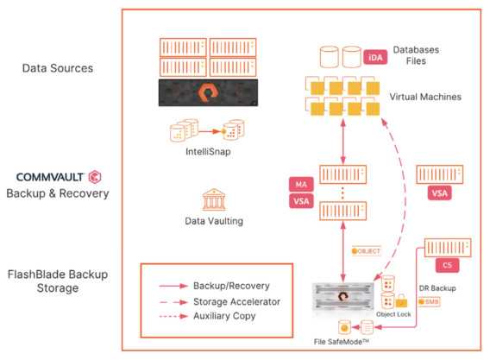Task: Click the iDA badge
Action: click(x=375, y=58)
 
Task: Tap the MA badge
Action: click(x=301, y=184)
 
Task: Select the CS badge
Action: click(x=447, y=265)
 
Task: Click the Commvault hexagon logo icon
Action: click(x=95, y=177)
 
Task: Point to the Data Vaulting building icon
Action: click(x=214, y=199)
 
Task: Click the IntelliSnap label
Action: click(x=208, y=152)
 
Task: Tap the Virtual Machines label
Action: click(x=425, y=97)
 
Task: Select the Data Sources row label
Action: click(x=58, y=68)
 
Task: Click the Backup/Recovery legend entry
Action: click(x=214, y=286)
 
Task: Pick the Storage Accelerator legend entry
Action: click(x=220, y=301)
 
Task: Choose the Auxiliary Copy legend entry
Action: click(x=208, y=316)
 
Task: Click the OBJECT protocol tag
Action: click(x=367, y=251)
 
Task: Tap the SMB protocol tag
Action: click(x=429, y=302)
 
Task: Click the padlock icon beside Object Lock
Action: click(x=401, y=300)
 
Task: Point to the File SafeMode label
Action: click(x=342, y=342)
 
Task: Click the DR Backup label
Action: click(x=437, y=288)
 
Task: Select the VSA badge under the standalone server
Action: click(x=439, y=193)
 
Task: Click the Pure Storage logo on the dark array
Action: click(x=207, y=92)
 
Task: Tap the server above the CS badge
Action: click(x=448, y=248)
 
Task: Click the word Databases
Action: click(x=416, y=50)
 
